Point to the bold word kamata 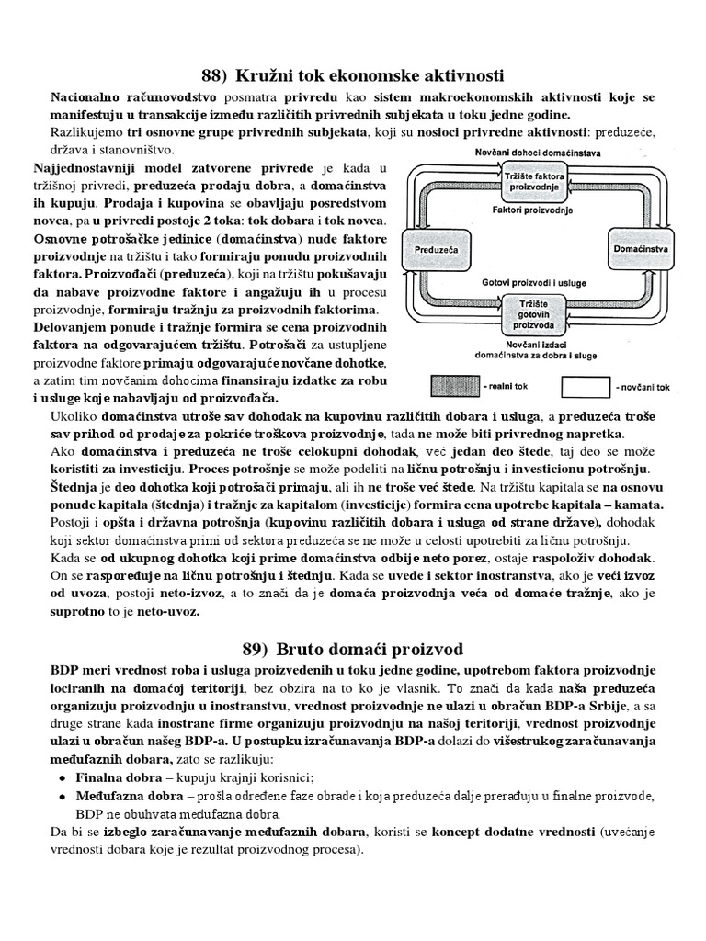point(643,505)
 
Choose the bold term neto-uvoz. point(169,611)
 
